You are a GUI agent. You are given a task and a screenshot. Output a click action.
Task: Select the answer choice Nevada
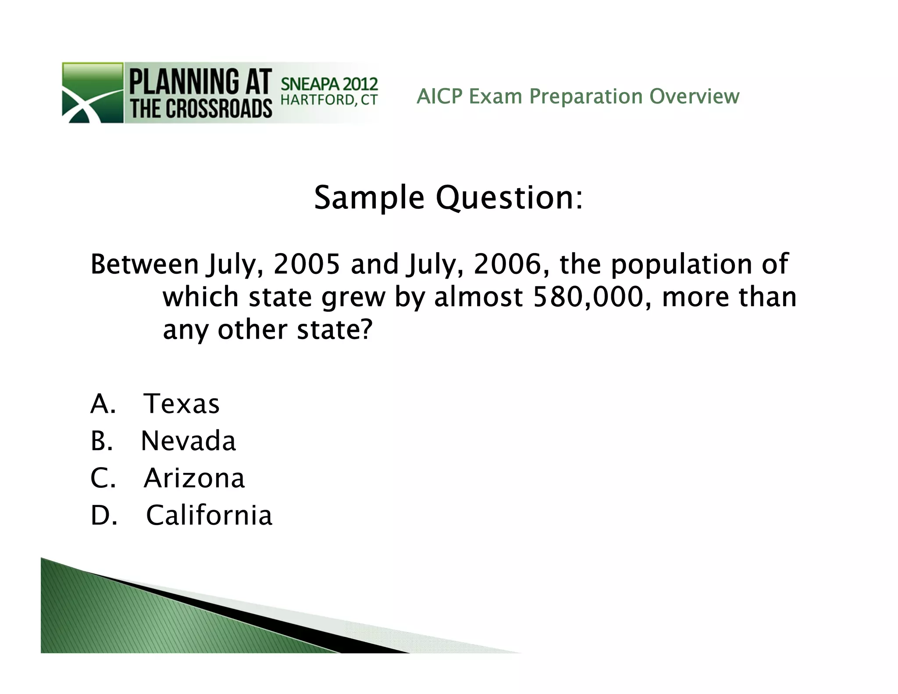pyautogui.click(x=188, y=441)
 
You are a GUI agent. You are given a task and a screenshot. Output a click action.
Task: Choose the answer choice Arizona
pyautogui.click(x=194, y=478)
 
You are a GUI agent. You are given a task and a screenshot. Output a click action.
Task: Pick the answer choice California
pyautogui.click(x=209, y=515)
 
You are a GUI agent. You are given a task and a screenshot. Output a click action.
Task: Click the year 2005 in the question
pyautogui.click(x=306, y=264)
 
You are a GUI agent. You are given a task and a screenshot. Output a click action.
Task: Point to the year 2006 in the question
pyautogui.click(x=507, y=264)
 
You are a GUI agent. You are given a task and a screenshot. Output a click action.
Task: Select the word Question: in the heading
pyautogui.click(x=509, y=198)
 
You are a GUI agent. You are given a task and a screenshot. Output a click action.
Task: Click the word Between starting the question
pyautogui.click(x=145, y=264)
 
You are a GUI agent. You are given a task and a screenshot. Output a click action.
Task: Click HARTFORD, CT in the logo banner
pyautogui.click(x=329, y=100)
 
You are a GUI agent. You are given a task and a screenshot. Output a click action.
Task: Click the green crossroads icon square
pyautogui.click(x=93, y=93)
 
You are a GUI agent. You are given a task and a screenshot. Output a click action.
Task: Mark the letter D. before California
pyautogui.click(x=103, y=515)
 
